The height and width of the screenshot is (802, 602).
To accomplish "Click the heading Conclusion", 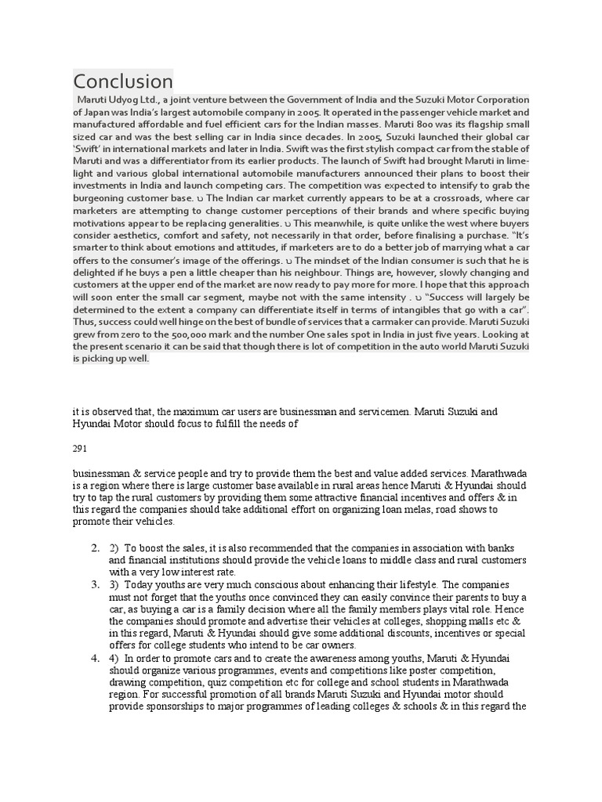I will [123, 81].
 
